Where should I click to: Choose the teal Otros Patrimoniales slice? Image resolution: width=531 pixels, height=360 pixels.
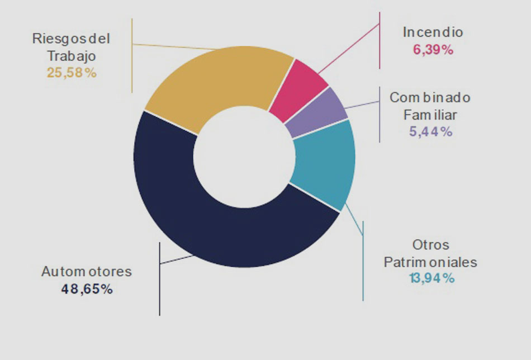pyautogui.click(x=324, y=168)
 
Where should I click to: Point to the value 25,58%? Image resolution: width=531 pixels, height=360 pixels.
pyautogui.click(x=72, y=73)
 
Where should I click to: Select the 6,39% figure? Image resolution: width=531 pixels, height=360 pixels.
pyautogui.click(x=433, y=49)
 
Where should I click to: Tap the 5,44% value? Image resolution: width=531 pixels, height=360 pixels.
pyautogui.click(x=430, y=132)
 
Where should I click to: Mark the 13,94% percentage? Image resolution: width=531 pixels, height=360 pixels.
pyautogui.click(x=431, y=278)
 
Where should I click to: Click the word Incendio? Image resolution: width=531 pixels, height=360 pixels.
pyautogui.click(x=433, y=32)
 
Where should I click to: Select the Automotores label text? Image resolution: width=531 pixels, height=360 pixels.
pyautogui.click(x=87, y=272)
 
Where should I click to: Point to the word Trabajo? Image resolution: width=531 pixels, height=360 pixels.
pyautogui.click(x=72, y=56)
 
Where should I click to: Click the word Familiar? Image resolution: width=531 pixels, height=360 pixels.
pyautogui.click(x=430, y=115)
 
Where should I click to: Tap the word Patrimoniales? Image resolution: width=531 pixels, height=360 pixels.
pyautogui.click(x=430, y=262)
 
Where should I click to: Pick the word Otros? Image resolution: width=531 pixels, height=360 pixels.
pyautogui.click(x=431, y=245)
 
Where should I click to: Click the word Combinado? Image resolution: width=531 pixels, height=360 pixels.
pyautogui.click(x=430, y=98)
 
